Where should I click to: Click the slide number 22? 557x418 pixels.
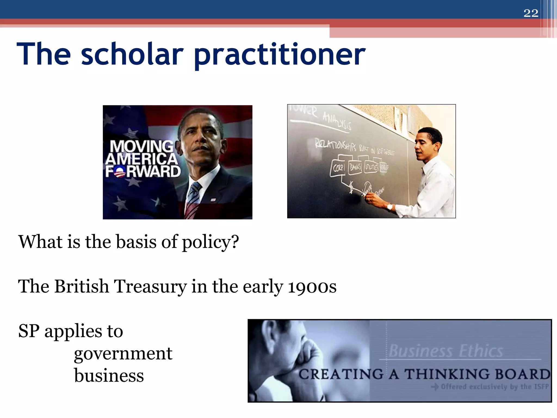(531, 13)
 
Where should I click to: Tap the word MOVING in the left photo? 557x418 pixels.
(141, 147)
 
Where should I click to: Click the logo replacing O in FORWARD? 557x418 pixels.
(120, 172)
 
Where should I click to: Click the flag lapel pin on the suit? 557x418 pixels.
(213, 200)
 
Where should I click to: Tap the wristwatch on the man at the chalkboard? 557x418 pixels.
(390, 207)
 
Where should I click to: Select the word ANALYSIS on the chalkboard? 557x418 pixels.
(337, 121)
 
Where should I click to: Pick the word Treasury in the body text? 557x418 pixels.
(150, 286)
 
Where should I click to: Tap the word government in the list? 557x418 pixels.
(123, 354)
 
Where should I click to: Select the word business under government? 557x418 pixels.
(109, 376)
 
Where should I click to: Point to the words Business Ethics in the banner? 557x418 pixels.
(446, 351)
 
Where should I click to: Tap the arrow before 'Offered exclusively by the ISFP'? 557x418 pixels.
(435, 387)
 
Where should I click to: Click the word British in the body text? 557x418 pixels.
(82, 286)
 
